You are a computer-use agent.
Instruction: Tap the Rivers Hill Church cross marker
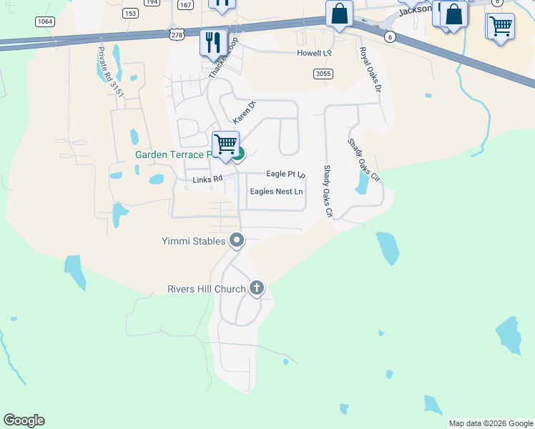click(257, 289)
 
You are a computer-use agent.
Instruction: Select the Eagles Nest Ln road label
click(276, 192)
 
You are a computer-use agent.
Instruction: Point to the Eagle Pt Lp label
click(285, 174)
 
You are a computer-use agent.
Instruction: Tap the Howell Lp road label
click(315, 53)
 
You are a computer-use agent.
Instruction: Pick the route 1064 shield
click(45, 21)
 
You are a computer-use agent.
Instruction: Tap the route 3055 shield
click(323, 73)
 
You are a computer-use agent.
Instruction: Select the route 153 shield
click(129, 13)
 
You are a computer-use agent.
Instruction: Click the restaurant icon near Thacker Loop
click(213, 42)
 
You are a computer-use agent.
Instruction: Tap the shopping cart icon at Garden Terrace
click(225, 144)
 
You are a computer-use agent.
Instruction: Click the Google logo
click(24, 420)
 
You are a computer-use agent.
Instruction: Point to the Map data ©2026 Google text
click(491, 423)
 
